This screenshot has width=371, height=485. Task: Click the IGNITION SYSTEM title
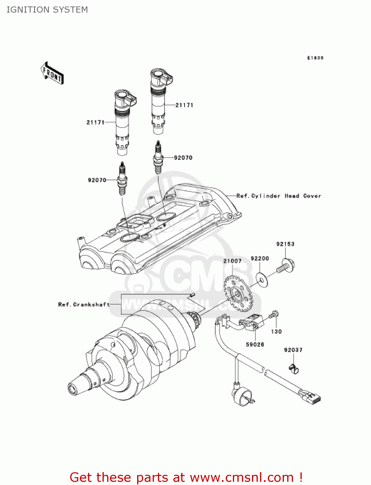pyautogui.click(x=47, y=10)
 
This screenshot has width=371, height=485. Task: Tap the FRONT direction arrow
pyautogui.click(x=52, y=73)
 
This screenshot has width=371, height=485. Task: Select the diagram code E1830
pyautogui.click(x=315, y=58)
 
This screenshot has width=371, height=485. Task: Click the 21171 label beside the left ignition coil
pyautogui.click(x=95, y=122)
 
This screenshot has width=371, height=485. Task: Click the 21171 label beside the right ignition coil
pyautogui.click(x=184, y=105)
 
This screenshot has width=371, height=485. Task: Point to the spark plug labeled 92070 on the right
pyautogui.click(x=158, y=157)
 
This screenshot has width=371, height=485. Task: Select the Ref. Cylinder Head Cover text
pyautogui.click(x=278, y=196)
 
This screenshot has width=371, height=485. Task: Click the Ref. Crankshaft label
pyautogui.click(x=84, y=305)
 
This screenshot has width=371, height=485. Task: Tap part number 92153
pyautogui.click(x=285, y=244)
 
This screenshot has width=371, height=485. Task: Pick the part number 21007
pyautogui.click(x=232, y=261)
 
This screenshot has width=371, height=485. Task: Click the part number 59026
pyautogui.click(x=255, y=345)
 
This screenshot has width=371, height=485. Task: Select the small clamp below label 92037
pyautogui.click(x=294, y=368)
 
